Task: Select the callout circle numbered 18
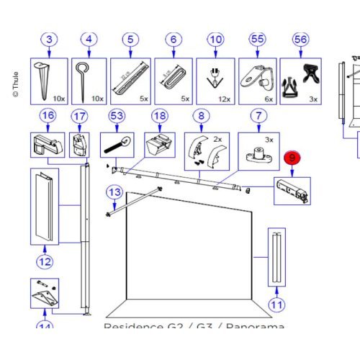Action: point(159,115)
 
